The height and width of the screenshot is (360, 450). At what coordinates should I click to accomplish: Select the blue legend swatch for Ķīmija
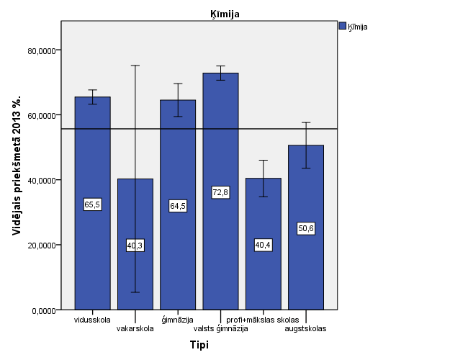[x=342, y=27]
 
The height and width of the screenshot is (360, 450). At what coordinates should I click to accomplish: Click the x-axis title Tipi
[x=199, y=346]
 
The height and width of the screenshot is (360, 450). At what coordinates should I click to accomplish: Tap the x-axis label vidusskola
[x=92, y=319]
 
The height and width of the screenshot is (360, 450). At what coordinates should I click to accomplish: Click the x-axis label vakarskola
[x=135, y=329]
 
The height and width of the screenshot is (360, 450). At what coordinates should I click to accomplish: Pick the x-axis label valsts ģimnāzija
[x=221, y=329]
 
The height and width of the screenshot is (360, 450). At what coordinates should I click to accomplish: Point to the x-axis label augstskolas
[x=305, y=329]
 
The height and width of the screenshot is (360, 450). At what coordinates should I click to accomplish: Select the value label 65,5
[x=92, y=205]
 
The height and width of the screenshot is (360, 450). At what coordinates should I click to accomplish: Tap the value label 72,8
[x=220, y=192]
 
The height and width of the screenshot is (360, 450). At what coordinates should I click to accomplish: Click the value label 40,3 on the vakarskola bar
[x=135, y=246]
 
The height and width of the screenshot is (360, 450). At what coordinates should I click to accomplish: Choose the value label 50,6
[x=305, y=229]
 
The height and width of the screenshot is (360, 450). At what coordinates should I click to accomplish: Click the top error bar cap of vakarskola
[x=135, y=66]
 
